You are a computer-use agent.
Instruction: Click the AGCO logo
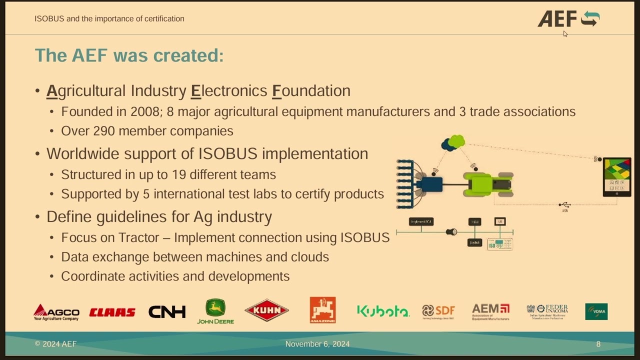tap(56, 312)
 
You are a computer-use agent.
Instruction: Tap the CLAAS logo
tap(112, 312)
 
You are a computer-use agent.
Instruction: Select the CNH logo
tap(167, 312)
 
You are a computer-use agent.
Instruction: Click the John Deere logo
tap(215, 311)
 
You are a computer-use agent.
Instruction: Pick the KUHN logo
tap(266, 310)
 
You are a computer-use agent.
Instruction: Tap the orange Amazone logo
tap(322, 310)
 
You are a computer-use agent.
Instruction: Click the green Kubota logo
tap(383, 311)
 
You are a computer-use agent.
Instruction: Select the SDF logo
tap(438, 311)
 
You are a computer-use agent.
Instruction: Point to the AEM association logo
tap(490, 311)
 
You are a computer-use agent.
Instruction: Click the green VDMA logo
tap(596, 311)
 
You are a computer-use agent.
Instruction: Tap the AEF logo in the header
tap(568, 19)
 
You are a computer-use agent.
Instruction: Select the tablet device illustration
tap(617, 176)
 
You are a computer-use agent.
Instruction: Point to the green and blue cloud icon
tap(453, 143)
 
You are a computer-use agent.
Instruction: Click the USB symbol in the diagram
tap(565, 205)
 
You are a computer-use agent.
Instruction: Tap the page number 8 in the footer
tap(598, 344)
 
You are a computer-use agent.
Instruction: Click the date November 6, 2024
tap(317, 344)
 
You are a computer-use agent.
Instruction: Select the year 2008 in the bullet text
tap(144, 111)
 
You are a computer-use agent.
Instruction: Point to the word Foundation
tap(311, 91)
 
